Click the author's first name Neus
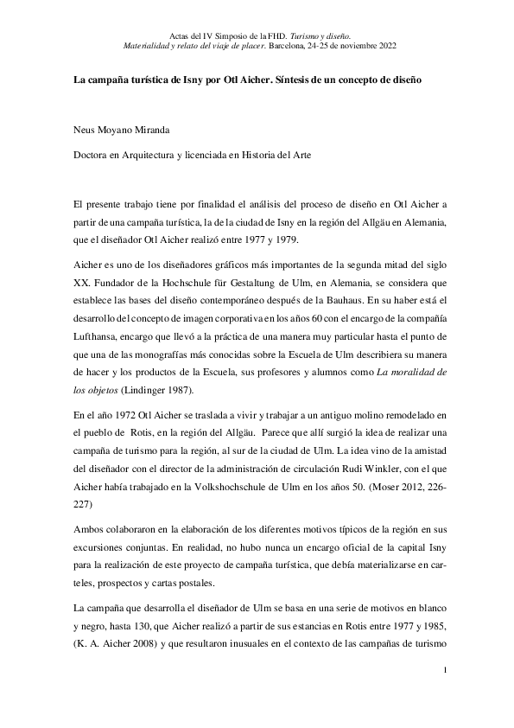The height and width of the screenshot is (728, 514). [x=85, y=131]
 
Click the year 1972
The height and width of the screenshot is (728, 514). [x=130, y=417]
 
